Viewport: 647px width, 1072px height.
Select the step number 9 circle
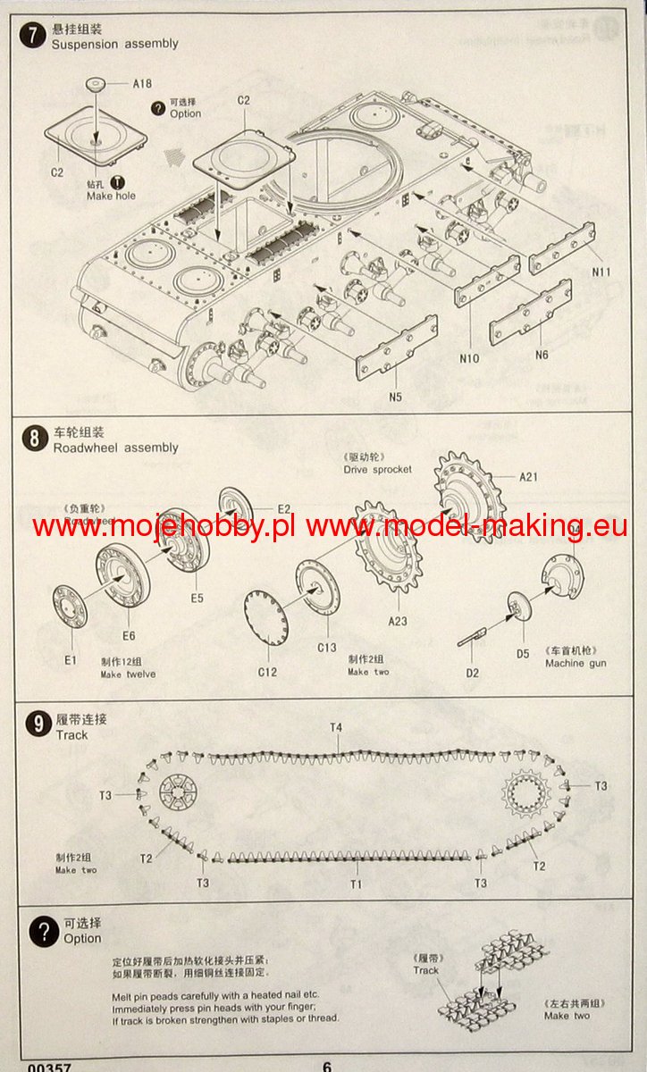[x=36, y=724]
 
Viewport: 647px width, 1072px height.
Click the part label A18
[x=141, y=84]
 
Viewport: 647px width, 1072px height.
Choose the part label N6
[x=542, y=355]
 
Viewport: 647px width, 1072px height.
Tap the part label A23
[x=397, y=620]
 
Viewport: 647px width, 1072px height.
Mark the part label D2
[x=472, y=672]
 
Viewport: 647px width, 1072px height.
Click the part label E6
[x=129, y=635]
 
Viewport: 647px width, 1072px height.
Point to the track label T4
[x=335, y=728]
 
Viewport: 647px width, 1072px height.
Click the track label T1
[x=356, y=884]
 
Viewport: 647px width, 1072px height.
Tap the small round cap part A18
[x=99, y=84]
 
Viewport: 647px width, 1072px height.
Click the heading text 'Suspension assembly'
[x=115, y=44]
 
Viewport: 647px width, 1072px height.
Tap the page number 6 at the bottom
[x=327, y=1066]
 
